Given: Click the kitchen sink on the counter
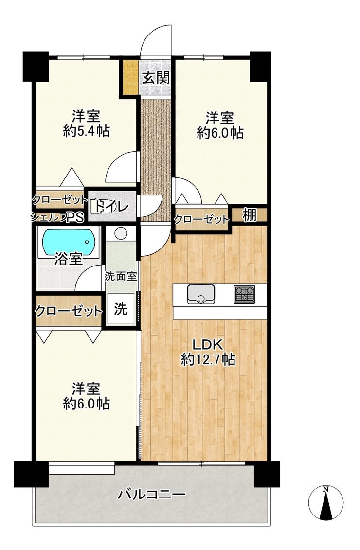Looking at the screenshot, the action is [x=201, y=294].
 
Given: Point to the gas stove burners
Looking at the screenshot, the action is [x=245, y=294].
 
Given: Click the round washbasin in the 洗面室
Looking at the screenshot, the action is [x=121, y=233].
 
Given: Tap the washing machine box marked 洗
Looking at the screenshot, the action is [x=121, y=309].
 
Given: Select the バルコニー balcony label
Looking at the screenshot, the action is [x=152, y=495].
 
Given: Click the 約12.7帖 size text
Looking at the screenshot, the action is [x=208, y=359].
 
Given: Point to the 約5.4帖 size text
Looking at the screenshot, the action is [x=86, y=131].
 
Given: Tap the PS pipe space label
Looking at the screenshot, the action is [x=76, y=218].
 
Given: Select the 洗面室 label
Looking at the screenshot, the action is [x=121, y=276].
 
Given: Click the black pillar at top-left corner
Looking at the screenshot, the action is [x=36, y=66].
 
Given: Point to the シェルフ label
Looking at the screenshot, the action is [x=49, y=218].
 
